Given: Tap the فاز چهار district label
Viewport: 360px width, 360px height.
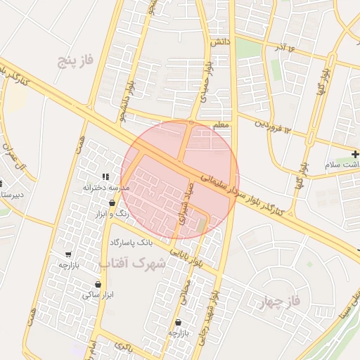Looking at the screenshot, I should point(281,303).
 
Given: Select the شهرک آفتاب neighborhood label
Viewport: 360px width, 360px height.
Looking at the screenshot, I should point(132,264).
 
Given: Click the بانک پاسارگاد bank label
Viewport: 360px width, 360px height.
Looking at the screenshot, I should point(131,243).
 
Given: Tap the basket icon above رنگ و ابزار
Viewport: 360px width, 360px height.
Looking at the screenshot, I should point(112,203).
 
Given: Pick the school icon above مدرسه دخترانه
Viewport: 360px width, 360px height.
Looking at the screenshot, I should point(106,176).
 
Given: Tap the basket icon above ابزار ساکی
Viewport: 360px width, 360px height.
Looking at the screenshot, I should point(98,285).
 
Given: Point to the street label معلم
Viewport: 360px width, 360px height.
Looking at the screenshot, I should point(221,124).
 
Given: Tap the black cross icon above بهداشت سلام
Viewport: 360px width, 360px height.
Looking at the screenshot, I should point(356,153).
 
